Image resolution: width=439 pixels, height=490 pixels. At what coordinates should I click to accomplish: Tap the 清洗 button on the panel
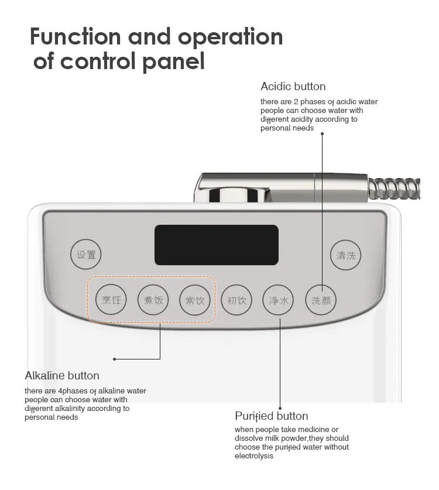click(x=345, y=255)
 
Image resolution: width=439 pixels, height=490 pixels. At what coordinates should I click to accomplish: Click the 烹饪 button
click(x=111, y=300)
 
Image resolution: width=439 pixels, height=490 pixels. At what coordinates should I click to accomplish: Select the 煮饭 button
click(x=153, y=300)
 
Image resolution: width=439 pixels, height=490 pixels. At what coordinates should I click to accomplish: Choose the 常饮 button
click(x=195, y=300)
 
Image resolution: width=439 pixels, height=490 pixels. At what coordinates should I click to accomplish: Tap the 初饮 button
click(x=236, y=300)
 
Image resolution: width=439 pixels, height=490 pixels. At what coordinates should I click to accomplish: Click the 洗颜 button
click(x=321, y=300)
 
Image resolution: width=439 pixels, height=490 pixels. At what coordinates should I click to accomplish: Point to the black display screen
click(x=216, y=245)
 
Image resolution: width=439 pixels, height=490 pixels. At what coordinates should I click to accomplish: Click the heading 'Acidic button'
click(x=293, y=87)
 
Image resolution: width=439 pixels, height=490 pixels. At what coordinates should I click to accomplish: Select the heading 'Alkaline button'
click(x=62, y=375)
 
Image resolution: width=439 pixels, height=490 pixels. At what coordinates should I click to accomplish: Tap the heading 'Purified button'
click(x=271, y=416)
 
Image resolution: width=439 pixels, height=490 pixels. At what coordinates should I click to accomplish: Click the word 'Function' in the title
click(x=76, y=37)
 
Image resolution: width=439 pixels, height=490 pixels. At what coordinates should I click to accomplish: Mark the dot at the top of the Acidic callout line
click(x=321, y=133)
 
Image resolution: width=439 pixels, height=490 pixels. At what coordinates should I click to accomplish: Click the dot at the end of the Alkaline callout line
click(x=114, y=359)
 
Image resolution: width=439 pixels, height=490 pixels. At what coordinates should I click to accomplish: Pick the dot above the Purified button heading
click(x=280, y=408)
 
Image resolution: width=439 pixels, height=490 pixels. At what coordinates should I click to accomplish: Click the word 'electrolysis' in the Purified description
click(x=254, y=456)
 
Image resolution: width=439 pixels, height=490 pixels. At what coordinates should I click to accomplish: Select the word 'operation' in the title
click(x=231, y=37)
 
